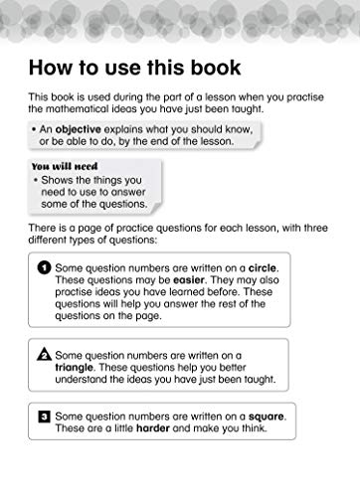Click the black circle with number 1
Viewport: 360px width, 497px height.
coord(44,268)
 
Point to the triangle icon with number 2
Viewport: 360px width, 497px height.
coord(44,354)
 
